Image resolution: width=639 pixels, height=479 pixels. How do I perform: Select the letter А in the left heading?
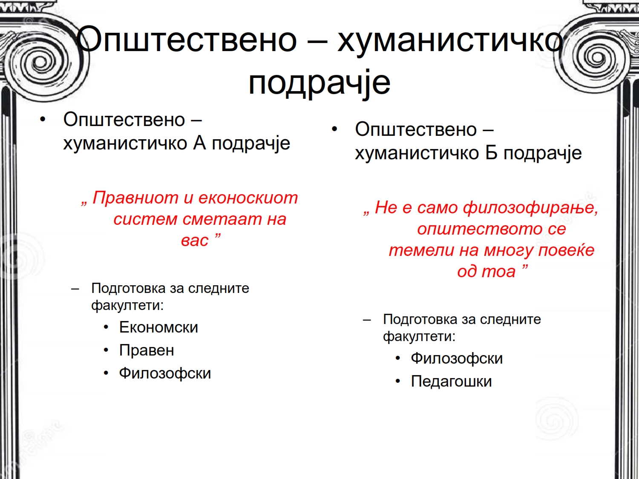pos(199,143)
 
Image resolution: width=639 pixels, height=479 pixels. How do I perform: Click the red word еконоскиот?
pos(248,198)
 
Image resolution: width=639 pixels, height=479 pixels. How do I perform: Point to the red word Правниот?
pos(135,198)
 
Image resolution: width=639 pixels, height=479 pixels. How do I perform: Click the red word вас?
pos(195,241)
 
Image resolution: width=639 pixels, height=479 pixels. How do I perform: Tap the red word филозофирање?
pos(530,208)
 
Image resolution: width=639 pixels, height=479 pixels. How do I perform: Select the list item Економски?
pos(158,327)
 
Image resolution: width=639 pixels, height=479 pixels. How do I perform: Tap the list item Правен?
pos(147,350)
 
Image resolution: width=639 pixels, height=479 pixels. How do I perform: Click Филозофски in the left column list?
pos(165,373)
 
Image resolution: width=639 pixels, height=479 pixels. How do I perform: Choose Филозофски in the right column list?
pos(457,358)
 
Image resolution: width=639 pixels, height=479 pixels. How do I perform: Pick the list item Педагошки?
pos(451,381)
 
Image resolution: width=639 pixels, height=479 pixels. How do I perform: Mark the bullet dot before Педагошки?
pos(398,381)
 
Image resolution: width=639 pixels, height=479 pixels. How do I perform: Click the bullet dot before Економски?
pos(106,327)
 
